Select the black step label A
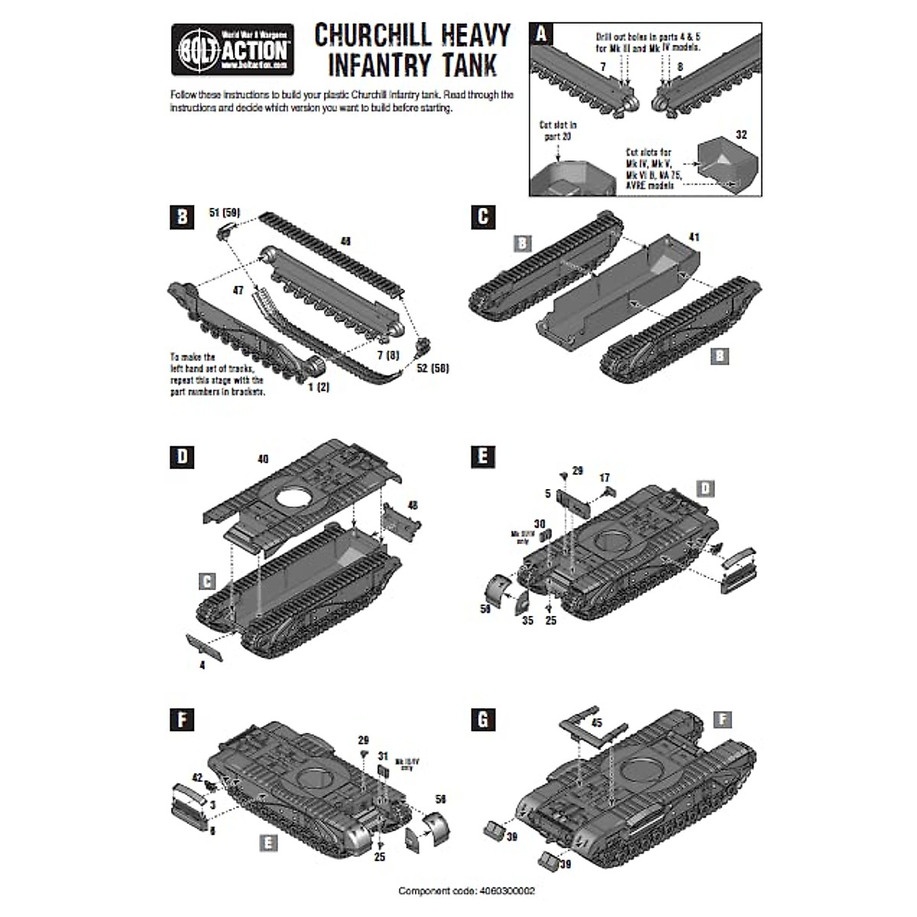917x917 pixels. coord(541,34)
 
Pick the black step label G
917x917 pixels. coord(483,720)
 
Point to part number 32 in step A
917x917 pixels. coord(740,134)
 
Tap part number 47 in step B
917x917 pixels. coord(238,291)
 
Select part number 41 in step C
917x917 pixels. coord(693,238)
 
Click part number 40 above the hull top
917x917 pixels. coord(264,459)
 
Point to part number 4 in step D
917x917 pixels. coord(202,665)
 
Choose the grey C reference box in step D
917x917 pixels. coord(207,582)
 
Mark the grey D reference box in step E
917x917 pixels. coord(705,488)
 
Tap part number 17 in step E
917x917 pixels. coord(604,478)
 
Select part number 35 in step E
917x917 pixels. coord(527,621)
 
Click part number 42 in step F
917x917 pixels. coord(197,777)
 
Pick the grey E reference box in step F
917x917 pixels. coord(267,842)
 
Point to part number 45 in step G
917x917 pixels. coord(596,723)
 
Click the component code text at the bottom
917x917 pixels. coord(467,891)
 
